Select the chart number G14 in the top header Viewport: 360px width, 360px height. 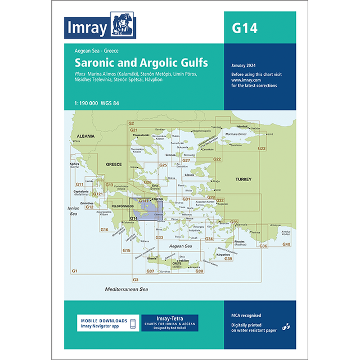click(x=245, y=28)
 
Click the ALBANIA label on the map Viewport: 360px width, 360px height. click(x=83, y=137)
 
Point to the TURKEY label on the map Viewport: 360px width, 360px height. click(x=242, y=179)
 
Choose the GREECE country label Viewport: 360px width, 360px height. click(x=114, y=164)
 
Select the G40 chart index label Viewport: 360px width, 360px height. click(x=286, y=244)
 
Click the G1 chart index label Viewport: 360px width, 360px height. click(x=75, y=272)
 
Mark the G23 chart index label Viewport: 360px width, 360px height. click(x=261, y=148)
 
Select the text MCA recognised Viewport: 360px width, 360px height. click(x=245, y=316)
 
